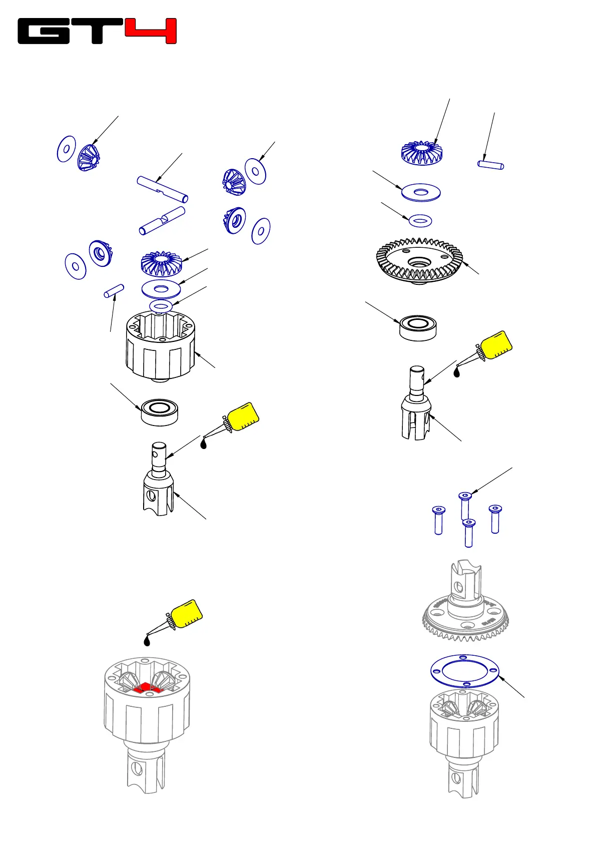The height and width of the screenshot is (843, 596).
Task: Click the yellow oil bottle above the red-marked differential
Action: point(186,614)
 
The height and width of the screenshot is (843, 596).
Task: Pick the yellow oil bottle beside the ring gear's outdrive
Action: point(496,345)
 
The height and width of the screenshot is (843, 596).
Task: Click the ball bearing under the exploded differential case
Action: point(160,411)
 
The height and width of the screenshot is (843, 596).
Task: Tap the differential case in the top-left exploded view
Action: point(160,345)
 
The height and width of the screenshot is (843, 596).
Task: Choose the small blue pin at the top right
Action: point(490,164)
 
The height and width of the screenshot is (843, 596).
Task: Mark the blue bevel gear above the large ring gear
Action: point(421,153)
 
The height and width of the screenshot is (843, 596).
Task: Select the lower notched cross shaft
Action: point(162,220)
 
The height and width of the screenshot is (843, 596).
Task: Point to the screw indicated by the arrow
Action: point(465,505)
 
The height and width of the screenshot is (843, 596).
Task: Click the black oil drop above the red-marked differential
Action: point(147,641)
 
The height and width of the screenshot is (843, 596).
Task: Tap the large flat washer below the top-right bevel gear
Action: point(421,192)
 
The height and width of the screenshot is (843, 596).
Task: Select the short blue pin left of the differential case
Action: point(114,291)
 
